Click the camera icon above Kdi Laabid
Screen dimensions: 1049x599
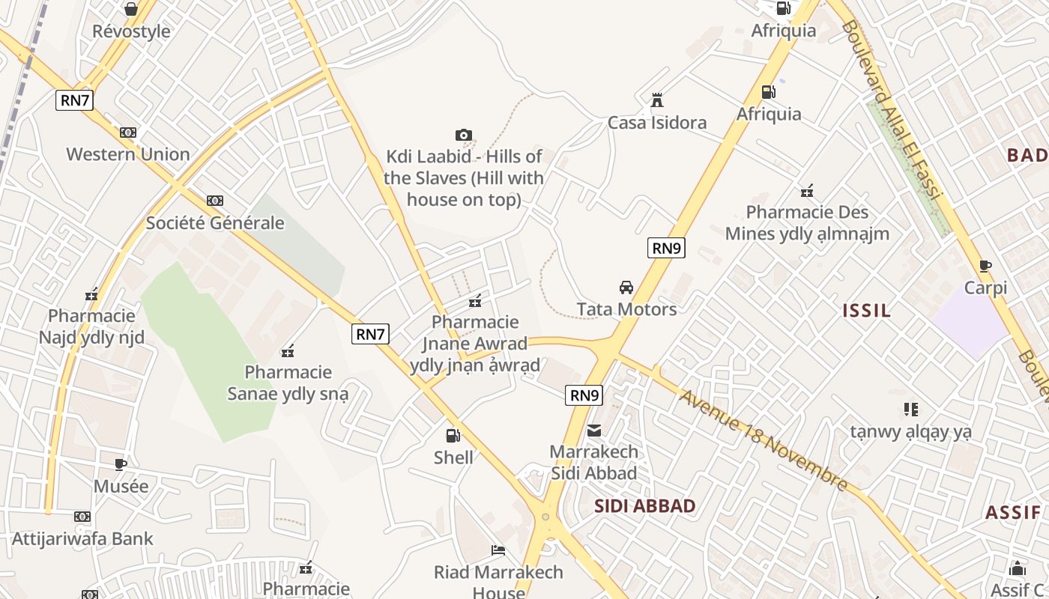click(x=464, y=135)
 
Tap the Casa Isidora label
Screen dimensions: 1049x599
click(x=656, y=123)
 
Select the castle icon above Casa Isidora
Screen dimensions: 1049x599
click(x=657, y=100)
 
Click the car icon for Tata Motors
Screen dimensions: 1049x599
click(x=626, y=288)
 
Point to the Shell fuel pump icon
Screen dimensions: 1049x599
click(x=453, y=435)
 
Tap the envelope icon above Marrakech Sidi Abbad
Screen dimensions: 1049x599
click(x=594, y=431)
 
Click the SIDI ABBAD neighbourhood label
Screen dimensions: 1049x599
click(x=644, y=506)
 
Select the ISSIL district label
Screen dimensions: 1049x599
click(x=867, y=311)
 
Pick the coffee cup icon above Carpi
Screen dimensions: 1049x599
click(x=985, y=266)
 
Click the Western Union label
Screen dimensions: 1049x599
click(x=128, y=154)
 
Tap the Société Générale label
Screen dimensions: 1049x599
click(x=215, y=222)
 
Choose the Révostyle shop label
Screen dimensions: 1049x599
click(x=131, y=31)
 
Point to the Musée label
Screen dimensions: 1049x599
click(x=121, y=486)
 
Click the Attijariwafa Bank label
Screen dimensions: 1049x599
click(x=82, y=538)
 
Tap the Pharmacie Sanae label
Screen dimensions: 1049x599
click(x=288, y=383)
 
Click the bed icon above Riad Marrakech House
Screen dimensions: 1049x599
click(x=498, y=550)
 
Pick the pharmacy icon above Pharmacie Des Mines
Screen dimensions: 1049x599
click(x=807, y=191)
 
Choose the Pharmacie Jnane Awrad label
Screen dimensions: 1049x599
click(x=475, y=344)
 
